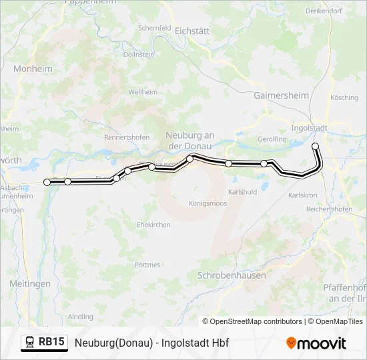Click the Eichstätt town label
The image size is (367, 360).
(x=192, y=31)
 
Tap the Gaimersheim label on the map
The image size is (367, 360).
(x=281, y=95)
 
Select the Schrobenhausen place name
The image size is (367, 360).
(x=232, y=275)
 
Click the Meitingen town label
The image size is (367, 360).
(x=30, y=283)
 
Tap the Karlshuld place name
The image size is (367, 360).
(x=242, y=191)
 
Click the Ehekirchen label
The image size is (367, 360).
(x=153, y=225)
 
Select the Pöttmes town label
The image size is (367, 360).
(x=147, y=265)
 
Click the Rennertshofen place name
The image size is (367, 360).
(x=126, y=137)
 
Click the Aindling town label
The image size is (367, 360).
(x=81, y=317)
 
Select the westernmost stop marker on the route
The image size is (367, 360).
(x=47, y=182)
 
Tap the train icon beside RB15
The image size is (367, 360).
(x=30, y=343)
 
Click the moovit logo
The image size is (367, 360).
(x=316, y=343)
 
